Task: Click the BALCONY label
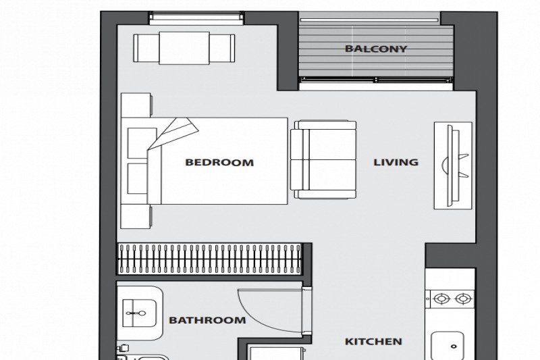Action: click(x=376, y=49)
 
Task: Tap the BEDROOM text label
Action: click(x=219, y=162)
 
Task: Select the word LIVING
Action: click(x=396, y=162)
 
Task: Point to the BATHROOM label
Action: click(x=207, y=320)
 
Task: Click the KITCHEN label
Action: click(x=373, y=342)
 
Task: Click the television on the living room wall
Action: click(x=452, y=165)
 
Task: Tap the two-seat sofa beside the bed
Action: click(x=323, y=159)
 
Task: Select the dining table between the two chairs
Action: click(x=184, y=48)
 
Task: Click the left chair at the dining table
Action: click(x=146, y=48)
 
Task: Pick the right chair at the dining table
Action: click(x=222, y=48)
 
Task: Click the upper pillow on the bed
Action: click(x=141, y=143)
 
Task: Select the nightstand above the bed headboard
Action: click(x=136, y=105)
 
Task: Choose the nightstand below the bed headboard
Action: click(x=136, y=216)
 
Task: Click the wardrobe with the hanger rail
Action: click(x=210, y=259)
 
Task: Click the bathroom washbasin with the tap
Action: click(x=140, y=313)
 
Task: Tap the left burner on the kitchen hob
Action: click(x=441, y=299)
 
